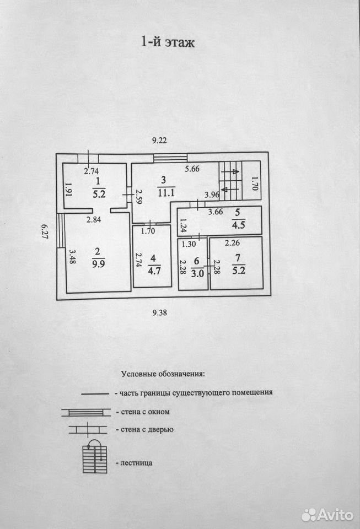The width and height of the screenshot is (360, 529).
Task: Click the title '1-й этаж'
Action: tap(168, 42)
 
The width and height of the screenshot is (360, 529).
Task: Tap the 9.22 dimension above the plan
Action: tap(159, 141)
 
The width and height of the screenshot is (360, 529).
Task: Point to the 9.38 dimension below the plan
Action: tap(159, 313)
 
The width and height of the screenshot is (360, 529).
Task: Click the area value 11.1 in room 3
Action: tap(166, 193)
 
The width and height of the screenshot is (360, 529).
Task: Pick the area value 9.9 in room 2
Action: tap(99, 263)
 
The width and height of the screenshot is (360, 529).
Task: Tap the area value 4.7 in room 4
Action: tap(154, 270)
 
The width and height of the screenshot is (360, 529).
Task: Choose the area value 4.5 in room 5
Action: tap(239, 225)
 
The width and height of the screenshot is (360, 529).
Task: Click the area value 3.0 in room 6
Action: tap(197, 273)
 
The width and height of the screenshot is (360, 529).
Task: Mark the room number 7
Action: tap(238, 258)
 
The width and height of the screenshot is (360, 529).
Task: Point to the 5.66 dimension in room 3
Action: tap(192, 169)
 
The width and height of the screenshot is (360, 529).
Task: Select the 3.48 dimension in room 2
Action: tap(72, 256)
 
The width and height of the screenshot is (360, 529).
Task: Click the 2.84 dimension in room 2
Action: tap(94, 220)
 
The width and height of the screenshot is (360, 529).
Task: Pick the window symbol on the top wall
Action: tap(170, 158)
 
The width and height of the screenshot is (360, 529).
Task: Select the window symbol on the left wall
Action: tap(61, 230)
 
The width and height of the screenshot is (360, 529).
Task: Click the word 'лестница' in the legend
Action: tap(136, 463)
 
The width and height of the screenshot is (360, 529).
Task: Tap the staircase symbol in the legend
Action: tap(95, 456)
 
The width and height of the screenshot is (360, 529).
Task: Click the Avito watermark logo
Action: tap(327, 515)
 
